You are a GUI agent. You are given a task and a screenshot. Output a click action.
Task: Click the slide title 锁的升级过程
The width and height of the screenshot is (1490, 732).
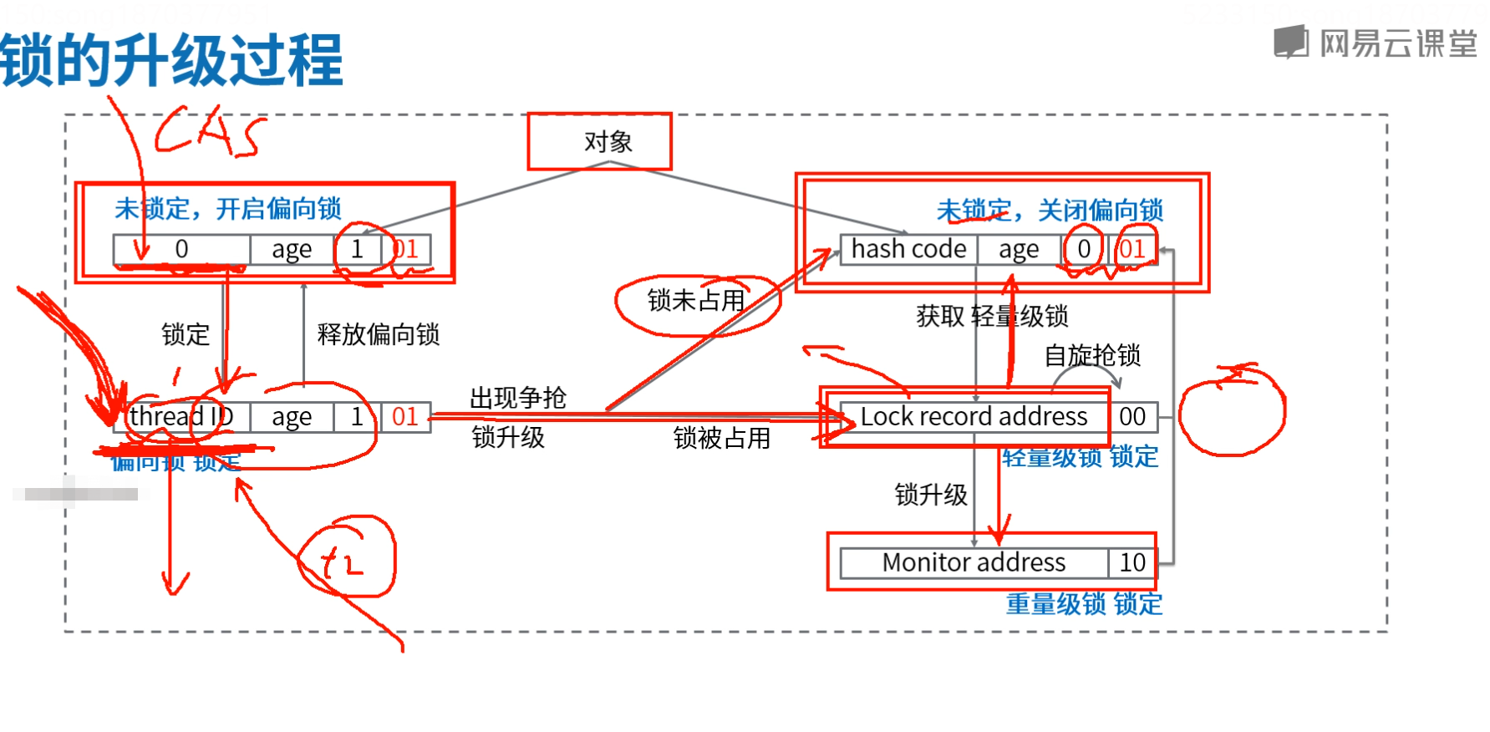coord(171,60)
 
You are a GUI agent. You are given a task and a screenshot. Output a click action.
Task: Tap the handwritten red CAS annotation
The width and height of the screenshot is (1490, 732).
coord(209,132)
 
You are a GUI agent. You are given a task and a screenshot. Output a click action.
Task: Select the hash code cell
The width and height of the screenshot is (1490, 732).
coord(908,249)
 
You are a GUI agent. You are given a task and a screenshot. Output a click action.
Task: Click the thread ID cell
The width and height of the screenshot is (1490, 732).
coord(181,416)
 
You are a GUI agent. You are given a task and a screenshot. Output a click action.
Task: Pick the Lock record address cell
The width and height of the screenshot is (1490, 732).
coord(974,416)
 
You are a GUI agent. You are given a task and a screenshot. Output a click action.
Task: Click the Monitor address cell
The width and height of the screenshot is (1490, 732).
coord(974,562)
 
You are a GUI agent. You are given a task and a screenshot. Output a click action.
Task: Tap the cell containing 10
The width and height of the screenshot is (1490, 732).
coord(1132,562)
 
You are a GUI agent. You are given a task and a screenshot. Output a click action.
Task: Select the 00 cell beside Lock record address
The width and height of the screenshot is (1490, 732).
coord(1132,416)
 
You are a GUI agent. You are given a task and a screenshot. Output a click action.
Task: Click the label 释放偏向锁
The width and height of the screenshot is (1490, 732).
coord(378,334)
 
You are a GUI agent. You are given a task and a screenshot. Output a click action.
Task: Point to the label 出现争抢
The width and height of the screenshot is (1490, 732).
coord(518,398)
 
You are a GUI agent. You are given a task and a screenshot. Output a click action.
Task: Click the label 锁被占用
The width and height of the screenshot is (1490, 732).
coord(722,438)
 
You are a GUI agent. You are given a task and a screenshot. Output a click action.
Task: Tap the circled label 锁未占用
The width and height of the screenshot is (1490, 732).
coord(696,301)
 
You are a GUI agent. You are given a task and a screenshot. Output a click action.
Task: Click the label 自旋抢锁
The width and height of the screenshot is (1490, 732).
coord(1092,356)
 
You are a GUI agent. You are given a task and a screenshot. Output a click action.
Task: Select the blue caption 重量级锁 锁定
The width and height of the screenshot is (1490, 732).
coord(1084,603)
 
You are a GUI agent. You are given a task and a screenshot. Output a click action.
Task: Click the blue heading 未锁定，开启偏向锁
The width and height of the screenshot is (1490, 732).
coord(228,209)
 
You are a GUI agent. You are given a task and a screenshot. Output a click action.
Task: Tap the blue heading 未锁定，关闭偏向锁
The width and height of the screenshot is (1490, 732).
coord(1050,211)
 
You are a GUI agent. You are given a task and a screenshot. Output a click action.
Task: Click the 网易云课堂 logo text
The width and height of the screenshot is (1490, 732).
coord(1397,43)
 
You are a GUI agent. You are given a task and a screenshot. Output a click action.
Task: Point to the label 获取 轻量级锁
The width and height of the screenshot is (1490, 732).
coord(992,316)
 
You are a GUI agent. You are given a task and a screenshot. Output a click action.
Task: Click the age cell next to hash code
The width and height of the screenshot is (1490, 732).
coord(1019,249)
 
